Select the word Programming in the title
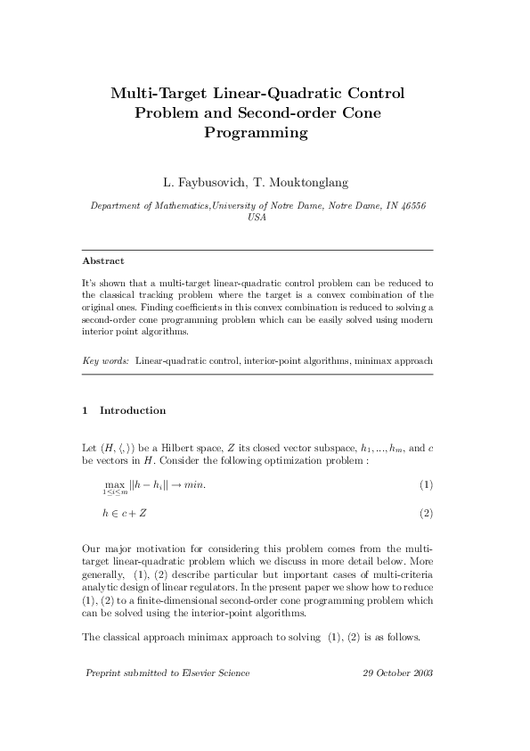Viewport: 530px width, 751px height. pos(257,134)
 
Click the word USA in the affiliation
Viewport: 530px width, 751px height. pos(257,216)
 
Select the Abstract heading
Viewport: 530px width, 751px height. pos(102,261)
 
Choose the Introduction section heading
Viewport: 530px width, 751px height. pos(133,410)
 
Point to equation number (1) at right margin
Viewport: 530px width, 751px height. pos(426,484)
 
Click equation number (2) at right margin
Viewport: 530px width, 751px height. pos(426,513)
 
